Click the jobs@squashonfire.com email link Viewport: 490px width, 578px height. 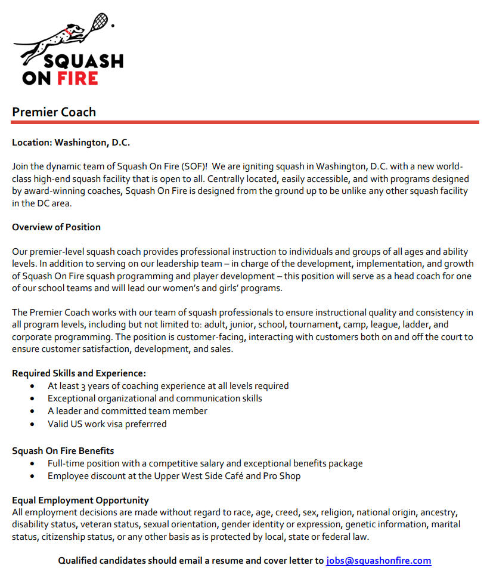click(379, 561)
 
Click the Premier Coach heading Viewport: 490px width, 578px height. click(54, 112)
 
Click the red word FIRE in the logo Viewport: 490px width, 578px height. click(77, 78)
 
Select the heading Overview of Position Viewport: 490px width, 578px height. click(56, 227)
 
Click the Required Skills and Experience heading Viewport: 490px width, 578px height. click(79, 373)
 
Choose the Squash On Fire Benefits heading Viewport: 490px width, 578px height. click(63, 450)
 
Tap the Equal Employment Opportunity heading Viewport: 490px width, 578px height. click(80, 500)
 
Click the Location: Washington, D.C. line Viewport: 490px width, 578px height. click(70, 143)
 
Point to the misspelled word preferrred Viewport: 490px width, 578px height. click(146, 424)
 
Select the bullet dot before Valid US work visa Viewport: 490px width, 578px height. click(32, 425)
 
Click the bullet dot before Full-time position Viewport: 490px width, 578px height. click(32, 463)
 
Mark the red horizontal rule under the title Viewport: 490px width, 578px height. click(244, 122)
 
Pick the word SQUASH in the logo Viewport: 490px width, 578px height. click(89, 61)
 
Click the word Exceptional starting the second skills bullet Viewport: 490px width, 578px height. click(72, 398)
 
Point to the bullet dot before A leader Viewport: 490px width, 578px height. click(32, 412)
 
